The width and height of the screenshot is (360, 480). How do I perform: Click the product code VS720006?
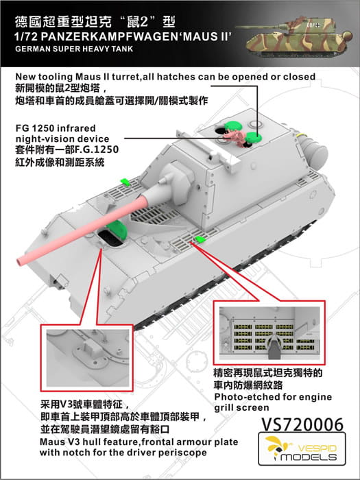click(302, 424)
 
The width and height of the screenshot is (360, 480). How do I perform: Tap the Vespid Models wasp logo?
click(277, 446)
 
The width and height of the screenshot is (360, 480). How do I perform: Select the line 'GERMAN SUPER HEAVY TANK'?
click(74, 49)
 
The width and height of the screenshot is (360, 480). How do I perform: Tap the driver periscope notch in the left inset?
click(91, 347)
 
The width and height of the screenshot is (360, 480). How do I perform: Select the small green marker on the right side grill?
click(200, 239)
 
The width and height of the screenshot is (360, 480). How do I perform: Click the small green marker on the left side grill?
click(125, 182)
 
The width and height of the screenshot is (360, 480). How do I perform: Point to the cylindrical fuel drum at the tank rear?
click(314, 150)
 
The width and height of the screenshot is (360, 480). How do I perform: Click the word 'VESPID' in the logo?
click(317, 449)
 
